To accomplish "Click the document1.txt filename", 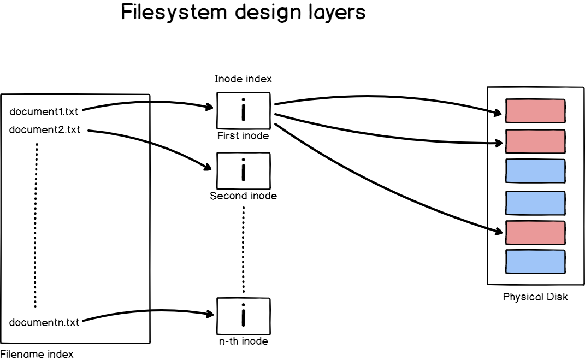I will (44, 112).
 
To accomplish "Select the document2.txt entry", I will (44, 129).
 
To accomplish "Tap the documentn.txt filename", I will (44, 322).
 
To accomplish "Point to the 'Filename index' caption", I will (37, 354).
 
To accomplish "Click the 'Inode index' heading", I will (243, 79).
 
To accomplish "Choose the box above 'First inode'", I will (243, 110).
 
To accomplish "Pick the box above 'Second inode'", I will (243, 170).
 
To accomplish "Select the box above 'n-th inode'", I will (243, 316).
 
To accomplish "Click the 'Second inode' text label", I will (243, 196).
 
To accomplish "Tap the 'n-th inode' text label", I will (243, 341).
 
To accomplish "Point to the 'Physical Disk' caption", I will (535, 297).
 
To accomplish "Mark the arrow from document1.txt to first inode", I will (147, 102).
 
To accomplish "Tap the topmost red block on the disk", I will (535, 111).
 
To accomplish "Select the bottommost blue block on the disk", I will (535, 261).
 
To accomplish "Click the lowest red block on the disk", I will (535, 233).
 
